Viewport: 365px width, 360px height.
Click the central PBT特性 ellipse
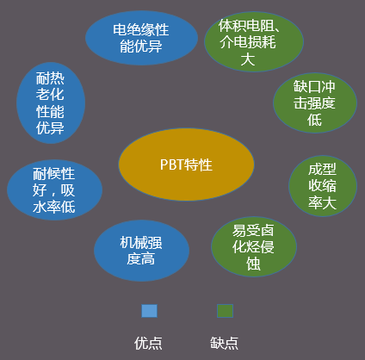(186, 164)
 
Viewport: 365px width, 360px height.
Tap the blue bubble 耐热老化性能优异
(51, 102)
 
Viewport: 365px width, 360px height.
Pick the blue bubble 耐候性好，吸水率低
(53, 189)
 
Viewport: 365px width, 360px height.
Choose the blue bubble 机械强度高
(141, 250)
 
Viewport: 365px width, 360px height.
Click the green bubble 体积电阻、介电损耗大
(254, 41)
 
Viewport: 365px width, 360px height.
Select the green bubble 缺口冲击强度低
(314, 103)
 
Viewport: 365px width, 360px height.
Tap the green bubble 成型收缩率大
(322, 185)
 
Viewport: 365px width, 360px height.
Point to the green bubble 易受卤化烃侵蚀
(253, 247)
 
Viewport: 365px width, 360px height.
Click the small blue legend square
(150, 311)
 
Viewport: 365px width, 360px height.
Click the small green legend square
(225, 311)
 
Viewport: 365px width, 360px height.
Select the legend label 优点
(148, 342)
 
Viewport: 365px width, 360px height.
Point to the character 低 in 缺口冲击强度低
(314, 121)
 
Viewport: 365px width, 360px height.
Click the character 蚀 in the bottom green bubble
(253, 264)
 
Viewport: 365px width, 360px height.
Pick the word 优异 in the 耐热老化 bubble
(51, 128)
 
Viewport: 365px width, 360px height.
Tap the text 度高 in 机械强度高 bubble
(141, 259)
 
